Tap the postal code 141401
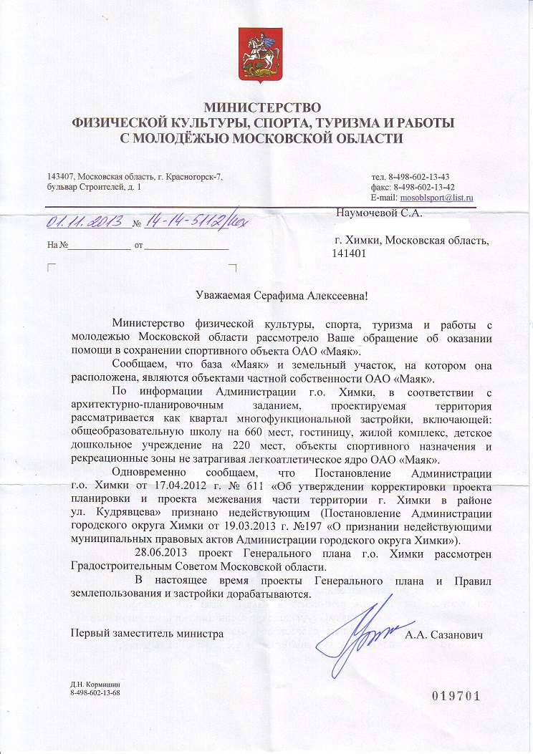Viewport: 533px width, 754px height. pyautogui.click(x=348, y=253)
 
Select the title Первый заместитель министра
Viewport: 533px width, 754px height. pyautogui.click(x=146, y=634)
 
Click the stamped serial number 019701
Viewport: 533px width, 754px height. pyautogui.click(x=453, y=695)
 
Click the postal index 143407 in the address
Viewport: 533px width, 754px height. pyautogui.click(x=60, y=177)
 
